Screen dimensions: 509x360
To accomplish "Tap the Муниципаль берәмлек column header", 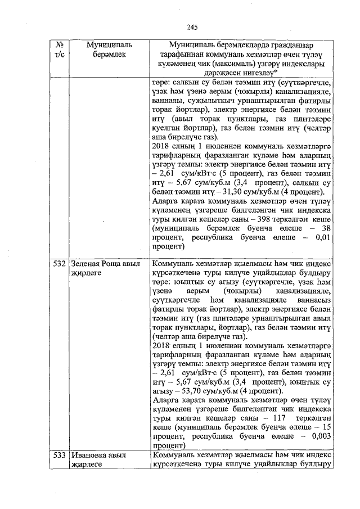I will [106, 49].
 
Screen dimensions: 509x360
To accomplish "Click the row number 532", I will [60, 264].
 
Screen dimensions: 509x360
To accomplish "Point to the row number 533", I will [60, 454].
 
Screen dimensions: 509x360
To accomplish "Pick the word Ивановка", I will [90, 454].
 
